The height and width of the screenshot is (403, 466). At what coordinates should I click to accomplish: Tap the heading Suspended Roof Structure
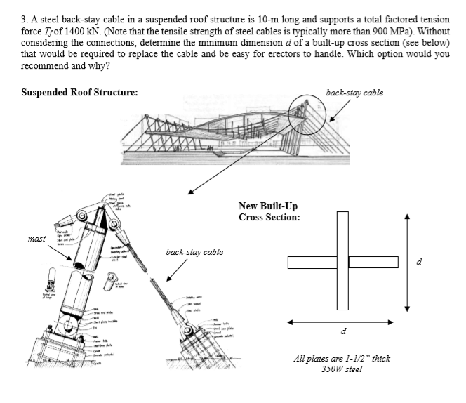click(79, 92)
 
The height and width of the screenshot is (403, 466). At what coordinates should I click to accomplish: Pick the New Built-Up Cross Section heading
click(270, 211)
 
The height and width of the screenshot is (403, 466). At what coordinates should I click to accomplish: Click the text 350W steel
click(342, 370)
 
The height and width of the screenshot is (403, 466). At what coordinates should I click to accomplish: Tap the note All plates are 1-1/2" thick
click(341, 359)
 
